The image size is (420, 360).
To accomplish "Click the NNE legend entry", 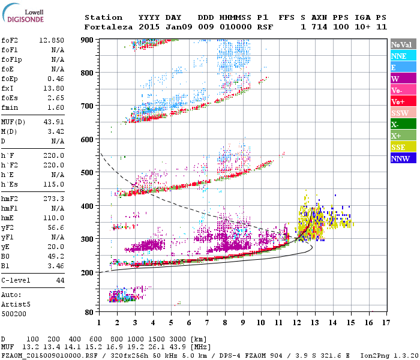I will point(403,56).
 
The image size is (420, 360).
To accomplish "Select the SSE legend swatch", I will point(403,147).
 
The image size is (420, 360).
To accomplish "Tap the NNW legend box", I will point(403,158).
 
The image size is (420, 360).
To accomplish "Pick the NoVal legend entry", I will point(403,44).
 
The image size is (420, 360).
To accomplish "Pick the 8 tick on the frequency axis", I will point(225,322).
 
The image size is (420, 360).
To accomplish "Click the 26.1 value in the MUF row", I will point(160,347).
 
